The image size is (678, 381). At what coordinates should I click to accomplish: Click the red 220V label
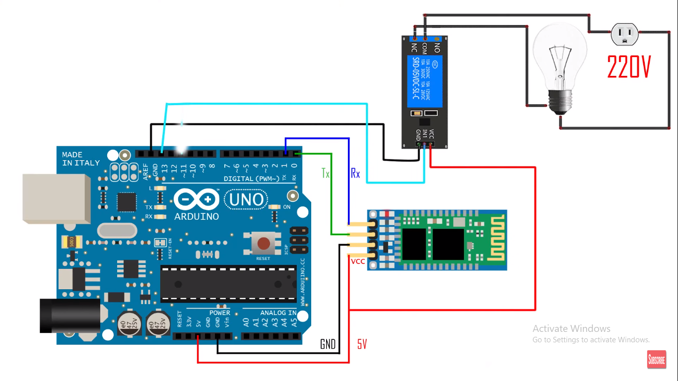tap(629, 67)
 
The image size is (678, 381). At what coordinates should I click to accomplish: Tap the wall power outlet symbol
tap(625, 35)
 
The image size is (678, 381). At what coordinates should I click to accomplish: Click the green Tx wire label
tap(326, 173)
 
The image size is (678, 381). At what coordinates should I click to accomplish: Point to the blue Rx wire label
tap(355, 173)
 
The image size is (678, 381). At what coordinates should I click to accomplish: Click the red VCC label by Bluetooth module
tap(358, 261)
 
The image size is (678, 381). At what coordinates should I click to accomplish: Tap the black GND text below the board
tap(328, 344)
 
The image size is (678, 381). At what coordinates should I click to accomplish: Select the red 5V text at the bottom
tap(362, 344)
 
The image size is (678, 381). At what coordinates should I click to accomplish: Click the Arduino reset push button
tap(263, 244)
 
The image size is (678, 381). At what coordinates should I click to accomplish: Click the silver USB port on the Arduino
tap(56, 198)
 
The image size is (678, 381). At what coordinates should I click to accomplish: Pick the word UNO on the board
tap(247, 200)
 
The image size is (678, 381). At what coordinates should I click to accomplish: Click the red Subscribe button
tap(656, 360)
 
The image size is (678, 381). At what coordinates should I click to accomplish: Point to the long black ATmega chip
tap(228, 284)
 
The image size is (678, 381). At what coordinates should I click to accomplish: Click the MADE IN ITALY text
tap(80, 159)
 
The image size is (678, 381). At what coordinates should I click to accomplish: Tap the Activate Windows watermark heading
tap(571, 328)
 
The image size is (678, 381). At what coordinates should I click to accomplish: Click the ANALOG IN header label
tap(278, 313)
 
